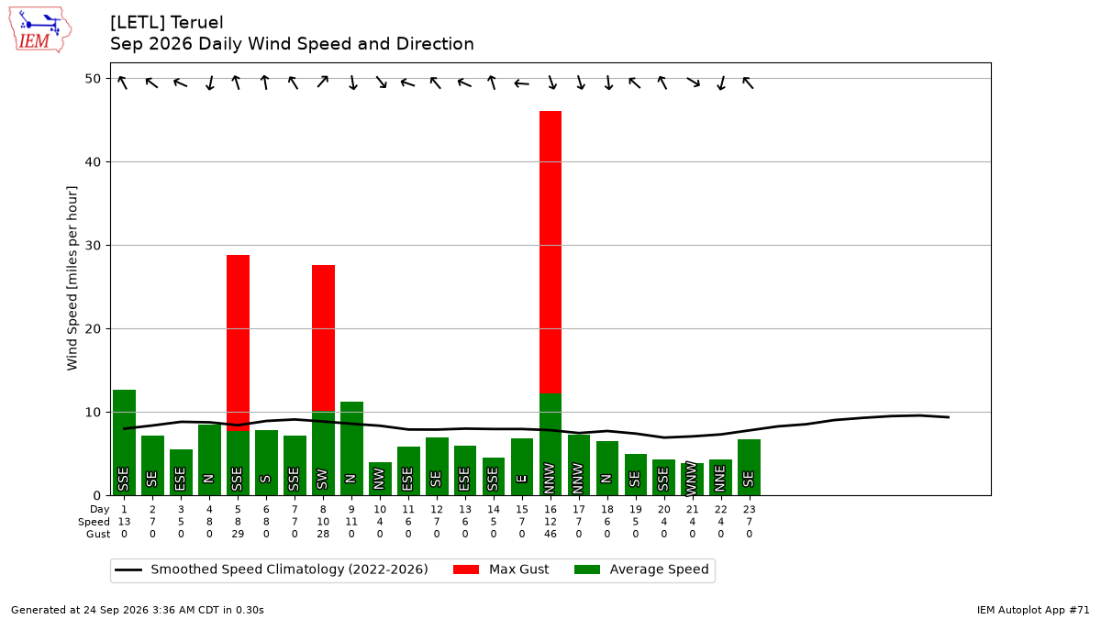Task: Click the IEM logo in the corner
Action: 40,30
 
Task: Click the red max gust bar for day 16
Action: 550,252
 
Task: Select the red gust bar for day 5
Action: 238,343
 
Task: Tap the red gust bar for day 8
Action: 323,338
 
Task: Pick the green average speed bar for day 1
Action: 125,443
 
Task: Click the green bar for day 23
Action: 749,467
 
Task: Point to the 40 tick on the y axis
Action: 93,162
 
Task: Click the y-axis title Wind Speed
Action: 72,278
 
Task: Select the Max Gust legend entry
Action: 501,569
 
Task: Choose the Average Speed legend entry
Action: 641,569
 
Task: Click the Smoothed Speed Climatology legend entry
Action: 272,569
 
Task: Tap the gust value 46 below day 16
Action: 550,534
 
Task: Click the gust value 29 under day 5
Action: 238,534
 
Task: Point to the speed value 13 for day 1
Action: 125,522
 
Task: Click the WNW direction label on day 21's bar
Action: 692,479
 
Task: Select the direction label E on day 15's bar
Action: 522,479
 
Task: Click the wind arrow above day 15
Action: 522,84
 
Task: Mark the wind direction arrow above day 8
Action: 323,82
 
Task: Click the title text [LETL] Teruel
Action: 167,23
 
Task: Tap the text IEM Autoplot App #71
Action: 1033,610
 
